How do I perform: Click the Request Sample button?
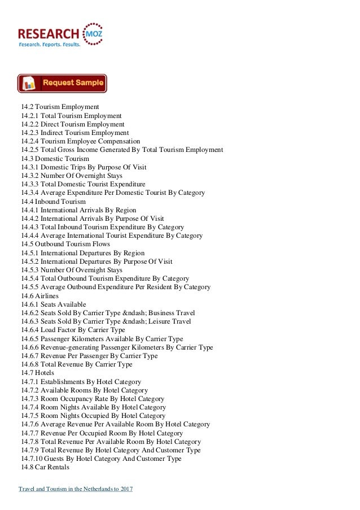[62, 84]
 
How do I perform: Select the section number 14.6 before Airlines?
[27, 295]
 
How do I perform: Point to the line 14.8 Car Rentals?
[45, 468]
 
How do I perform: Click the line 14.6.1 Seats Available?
[54, 304]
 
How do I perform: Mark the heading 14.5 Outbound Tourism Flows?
[65, 244]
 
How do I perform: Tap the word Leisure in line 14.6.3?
[161, 321]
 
